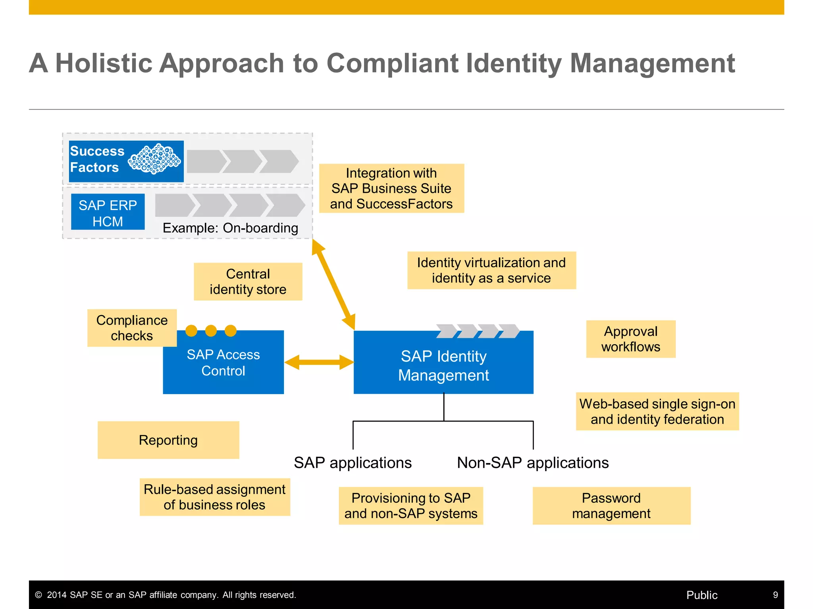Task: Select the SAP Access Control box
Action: tap(223, 362)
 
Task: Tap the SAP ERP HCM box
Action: tap(108, 212)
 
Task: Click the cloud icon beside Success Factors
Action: tap(154, 159)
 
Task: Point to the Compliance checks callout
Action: tap(132, 328)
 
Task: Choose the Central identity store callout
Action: tap(248, 282)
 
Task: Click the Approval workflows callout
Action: tap(630, 339)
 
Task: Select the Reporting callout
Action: tap(168, 440)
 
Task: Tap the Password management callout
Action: tap(611, 506)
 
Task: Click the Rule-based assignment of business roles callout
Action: tap(215, 497)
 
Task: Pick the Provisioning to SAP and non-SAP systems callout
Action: tap(411, 506)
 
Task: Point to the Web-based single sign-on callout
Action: tap(657, 411)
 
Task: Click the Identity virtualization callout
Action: tap(491, 270)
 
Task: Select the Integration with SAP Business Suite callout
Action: tap(391, 188)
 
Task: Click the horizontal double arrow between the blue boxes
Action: tap(319, 362)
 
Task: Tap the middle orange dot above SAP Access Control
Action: tap(211, 331)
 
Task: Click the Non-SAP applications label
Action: tap(533, 463)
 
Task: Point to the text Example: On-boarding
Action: tap(230, 228)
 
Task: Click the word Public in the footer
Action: tap(702, 595)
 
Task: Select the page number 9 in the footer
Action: tap(775, 595)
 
